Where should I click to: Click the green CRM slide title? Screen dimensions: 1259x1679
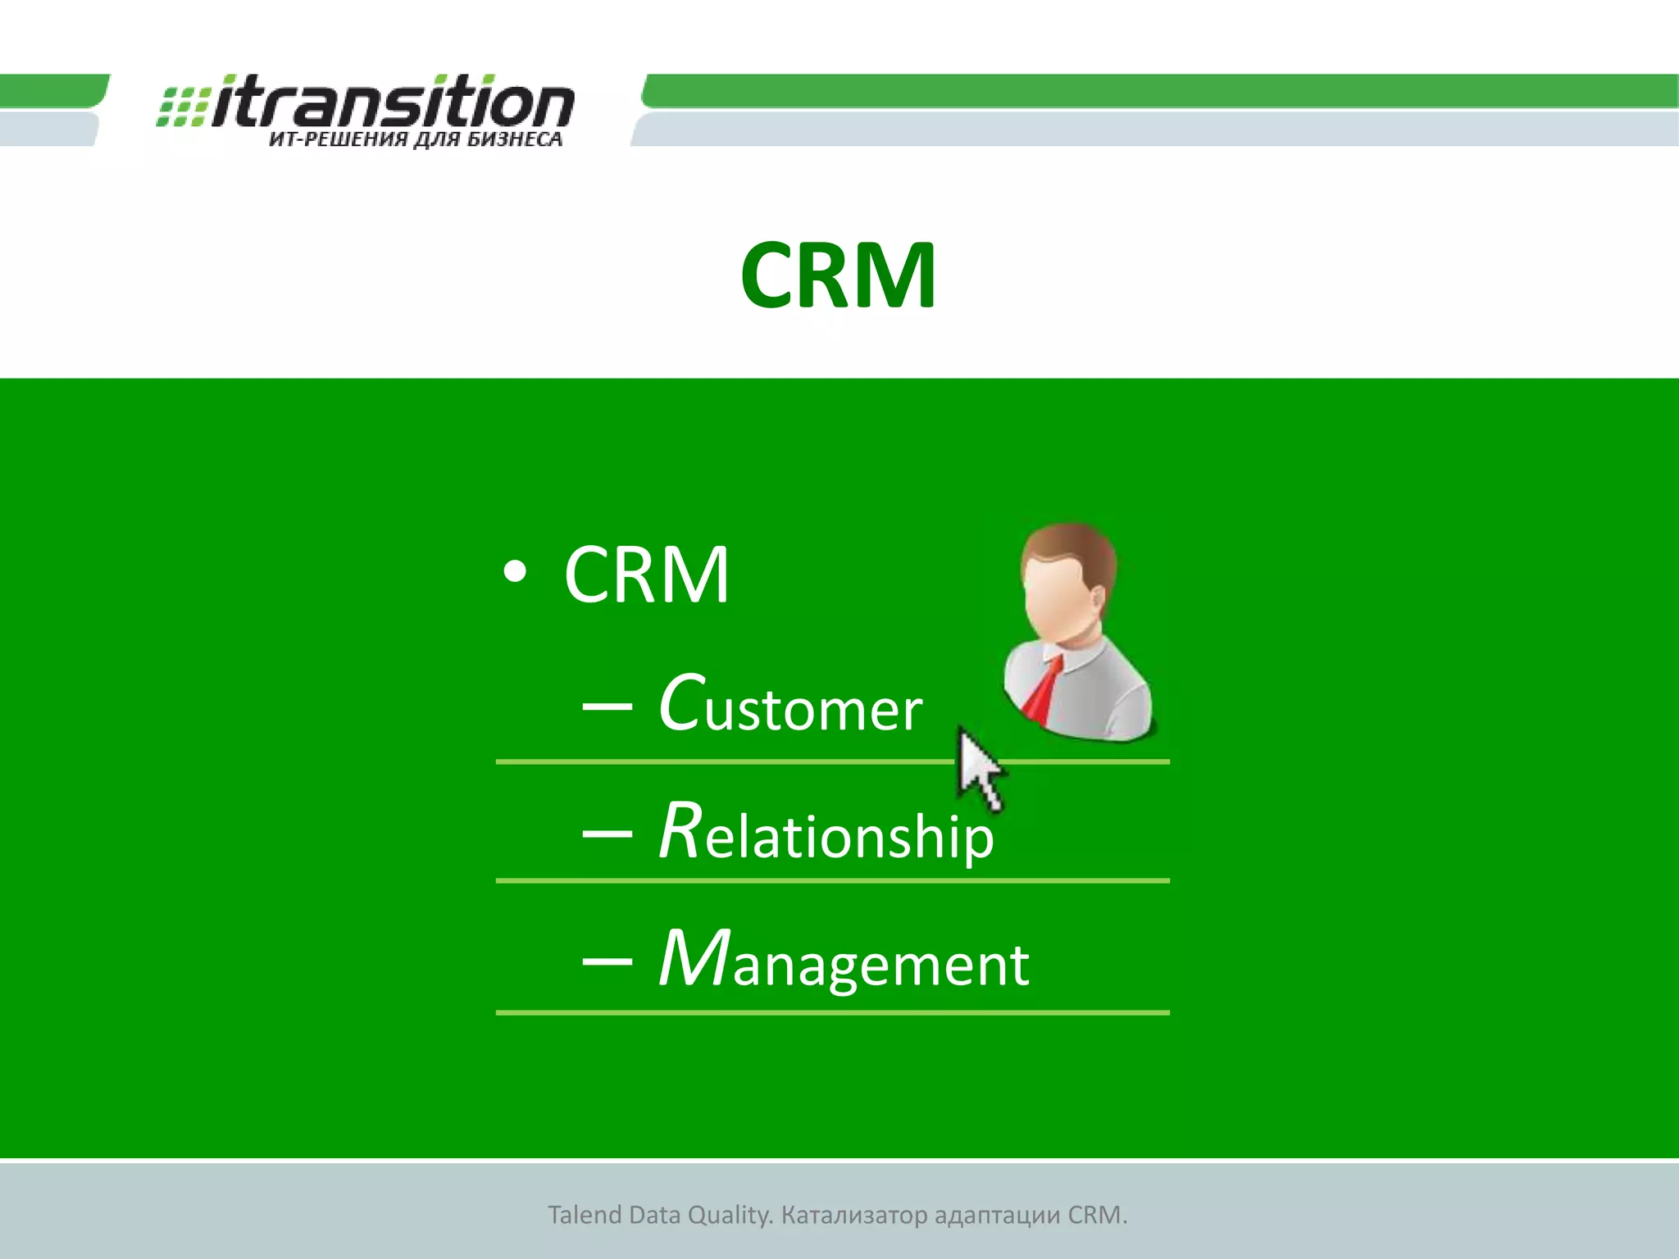click(838, 275)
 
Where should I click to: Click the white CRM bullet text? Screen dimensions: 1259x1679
click(646, 575)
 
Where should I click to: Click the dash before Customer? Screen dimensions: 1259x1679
click(607, 706)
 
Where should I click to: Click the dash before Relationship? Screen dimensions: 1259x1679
click(607, 834)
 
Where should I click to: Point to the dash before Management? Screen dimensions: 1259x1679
click(607, 961)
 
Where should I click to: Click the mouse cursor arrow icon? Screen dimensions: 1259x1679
click(978, 766)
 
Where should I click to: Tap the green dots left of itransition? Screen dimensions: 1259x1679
click(182, 107)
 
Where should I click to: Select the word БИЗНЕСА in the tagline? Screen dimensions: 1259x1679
click(515, 140)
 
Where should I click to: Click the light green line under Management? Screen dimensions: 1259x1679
click(832, 1013)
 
